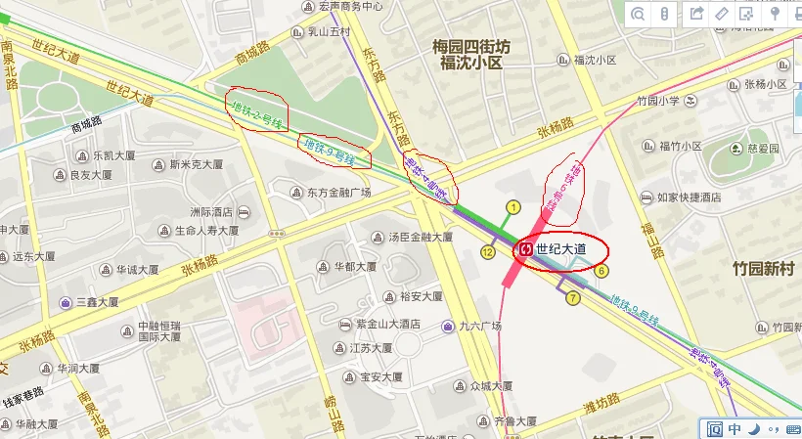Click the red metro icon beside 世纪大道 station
pos(525,249)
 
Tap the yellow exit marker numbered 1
pos(512,207)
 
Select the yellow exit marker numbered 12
pos(487,252)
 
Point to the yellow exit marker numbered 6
pos(601,271)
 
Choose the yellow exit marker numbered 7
pos(573,297)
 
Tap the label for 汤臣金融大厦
pos(420,237)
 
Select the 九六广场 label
pos(477,326)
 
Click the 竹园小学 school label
pos(657,101)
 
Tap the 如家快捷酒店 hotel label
pos(690,198)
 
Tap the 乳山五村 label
pos(330,32)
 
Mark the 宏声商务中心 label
pos(350,6)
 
